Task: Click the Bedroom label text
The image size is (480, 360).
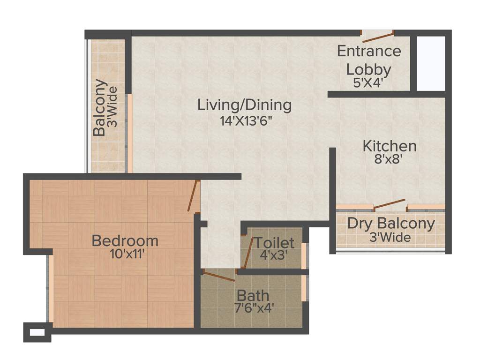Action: pos(125,241)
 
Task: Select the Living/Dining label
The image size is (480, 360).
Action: pos(244,105)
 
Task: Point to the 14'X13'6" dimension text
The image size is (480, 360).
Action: pos(246,120)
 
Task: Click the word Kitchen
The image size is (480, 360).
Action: pos(389,146)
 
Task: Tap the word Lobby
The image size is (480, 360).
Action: pos(368,69)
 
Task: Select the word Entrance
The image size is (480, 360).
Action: pos(369,51)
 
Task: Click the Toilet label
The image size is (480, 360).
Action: pos(274,243)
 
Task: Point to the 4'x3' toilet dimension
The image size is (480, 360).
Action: pos(274,256)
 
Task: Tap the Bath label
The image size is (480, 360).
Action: pos(253,296)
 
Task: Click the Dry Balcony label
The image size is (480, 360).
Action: pos(390,224)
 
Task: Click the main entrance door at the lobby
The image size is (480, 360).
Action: pos(377,36)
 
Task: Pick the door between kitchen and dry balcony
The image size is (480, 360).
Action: pos(390,204)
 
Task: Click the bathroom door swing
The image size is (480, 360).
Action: pos(219,276)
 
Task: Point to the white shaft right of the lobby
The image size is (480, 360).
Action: pos(430,63)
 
